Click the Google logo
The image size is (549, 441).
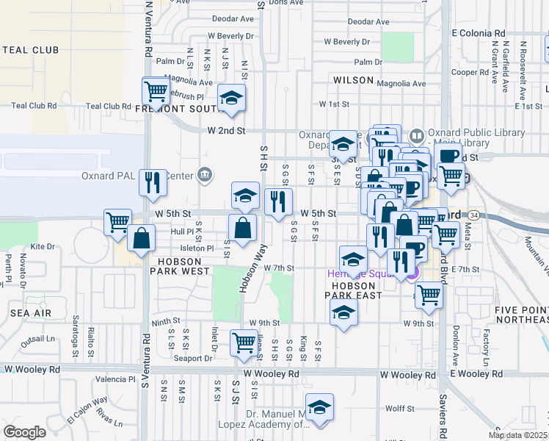click(x=24, y=432)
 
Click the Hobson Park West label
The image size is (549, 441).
click(x=181, y=265)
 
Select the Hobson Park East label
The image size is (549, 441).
click(x=357, y=290)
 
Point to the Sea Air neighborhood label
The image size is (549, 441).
click(x=31, y=312)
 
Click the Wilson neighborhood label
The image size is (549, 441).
click(x=353, y=79)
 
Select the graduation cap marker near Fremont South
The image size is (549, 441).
click(x=232, y=98)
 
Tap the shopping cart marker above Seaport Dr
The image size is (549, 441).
click(x=244, y=341)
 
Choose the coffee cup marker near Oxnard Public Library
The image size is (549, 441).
click(x=447, y=156)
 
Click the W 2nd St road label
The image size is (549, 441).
click(x=225, y=130)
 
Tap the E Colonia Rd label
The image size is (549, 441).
click(x=479, y=33)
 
